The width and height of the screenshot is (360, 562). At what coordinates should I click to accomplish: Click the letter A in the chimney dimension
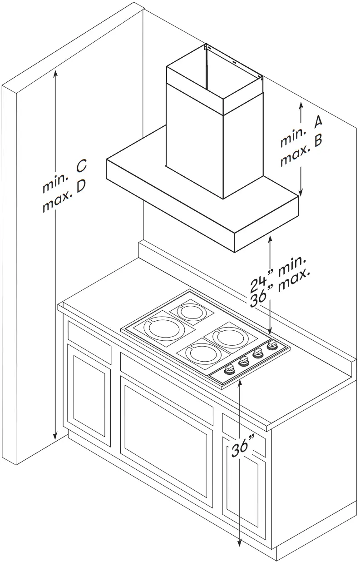pyautogui.click(x=318, y=121)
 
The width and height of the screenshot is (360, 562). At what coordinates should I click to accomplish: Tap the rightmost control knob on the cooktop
pyautogui.click(x=272, y=346)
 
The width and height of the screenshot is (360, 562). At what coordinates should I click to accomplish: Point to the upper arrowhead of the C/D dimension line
pyautogui.click(x=55, y=72)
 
